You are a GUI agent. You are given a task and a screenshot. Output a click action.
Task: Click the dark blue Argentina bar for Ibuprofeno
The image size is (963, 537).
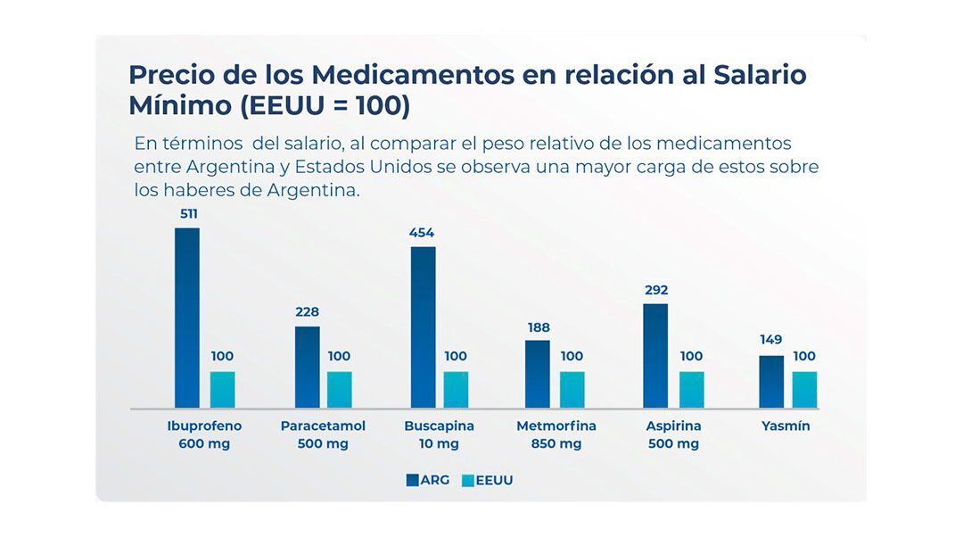[x=187, y=318]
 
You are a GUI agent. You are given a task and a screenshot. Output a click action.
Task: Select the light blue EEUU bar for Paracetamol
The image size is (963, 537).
[x=339, y=390]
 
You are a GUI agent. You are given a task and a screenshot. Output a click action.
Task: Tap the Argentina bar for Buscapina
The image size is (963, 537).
[x=423, y=326]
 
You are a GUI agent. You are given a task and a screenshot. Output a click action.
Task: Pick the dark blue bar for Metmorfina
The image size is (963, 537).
[x=538, y=374]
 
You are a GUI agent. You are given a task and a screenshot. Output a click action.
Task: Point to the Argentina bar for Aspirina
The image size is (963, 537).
[x=655, y=355]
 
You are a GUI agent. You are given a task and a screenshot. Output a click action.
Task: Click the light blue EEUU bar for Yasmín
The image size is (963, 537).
[x=804, y=390]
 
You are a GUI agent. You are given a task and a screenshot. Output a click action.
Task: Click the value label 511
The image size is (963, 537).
[x=187, y=214]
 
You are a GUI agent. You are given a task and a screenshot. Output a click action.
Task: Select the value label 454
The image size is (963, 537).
[x=422, y=233]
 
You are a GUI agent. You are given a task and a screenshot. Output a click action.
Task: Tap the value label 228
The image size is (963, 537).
[x=307, y=312]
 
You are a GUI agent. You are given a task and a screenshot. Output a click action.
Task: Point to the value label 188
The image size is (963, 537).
[x=539, y=327]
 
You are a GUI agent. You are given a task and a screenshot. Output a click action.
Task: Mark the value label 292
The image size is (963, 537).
[x=656, y=290]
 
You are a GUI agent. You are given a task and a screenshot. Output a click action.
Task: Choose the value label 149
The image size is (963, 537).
[x=771, y=340]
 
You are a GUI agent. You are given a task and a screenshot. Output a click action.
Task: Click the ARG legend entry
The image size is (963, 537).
[x=428, y=480]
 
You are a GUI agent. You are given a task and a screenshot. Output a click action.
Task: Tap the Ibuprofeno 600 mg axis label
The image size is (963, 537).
[x=204, y=434]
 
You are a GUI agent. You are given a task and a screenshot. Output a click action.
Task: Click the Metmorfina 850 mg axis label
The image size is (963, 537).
[x=556, y=434]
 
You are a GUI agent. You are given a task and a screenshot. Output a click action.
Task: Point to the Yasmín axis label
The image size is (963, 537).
[x=786, y=426]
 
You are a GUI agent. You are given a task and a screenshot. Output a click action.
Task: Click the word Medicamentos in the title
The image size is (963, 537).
[x=413, y=74]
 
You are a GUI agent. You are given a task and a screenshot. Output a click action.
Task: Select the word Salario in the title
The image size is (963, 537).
[x=760, y=74]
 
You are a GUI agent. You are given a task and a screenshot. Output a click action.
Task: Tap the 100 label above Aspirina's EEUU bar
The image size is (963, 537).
[x=691, y=356]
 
